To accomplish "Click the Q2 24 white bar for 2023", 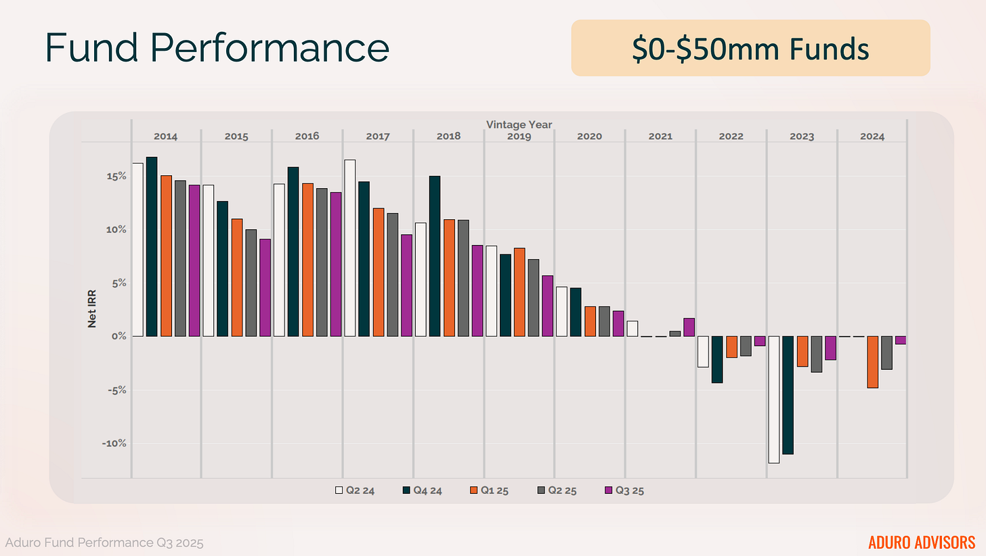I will point(773,399).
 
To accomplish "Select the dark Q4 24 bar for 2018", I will point(435,256).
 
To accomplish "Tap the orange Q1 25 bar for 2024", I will point(872,362).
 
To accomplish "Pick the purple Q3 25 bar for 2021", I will point(689,327).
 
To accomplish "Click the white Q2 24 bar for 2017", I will point(349,248).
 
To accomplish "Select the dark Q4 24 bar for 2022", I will point(716,359).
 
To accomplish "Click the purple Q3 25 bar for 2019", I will point(548,306).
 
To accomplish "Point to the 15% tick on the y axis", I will point(116,177).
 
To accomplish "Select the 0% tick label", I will point(119,336).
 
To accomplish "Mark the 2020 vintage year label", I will point(589,136).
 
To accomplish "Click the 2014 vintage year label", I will point(165,136).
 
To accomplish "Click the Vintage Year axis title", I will point(519,124).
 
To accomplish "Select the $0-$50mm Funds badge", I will point(750,48).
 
